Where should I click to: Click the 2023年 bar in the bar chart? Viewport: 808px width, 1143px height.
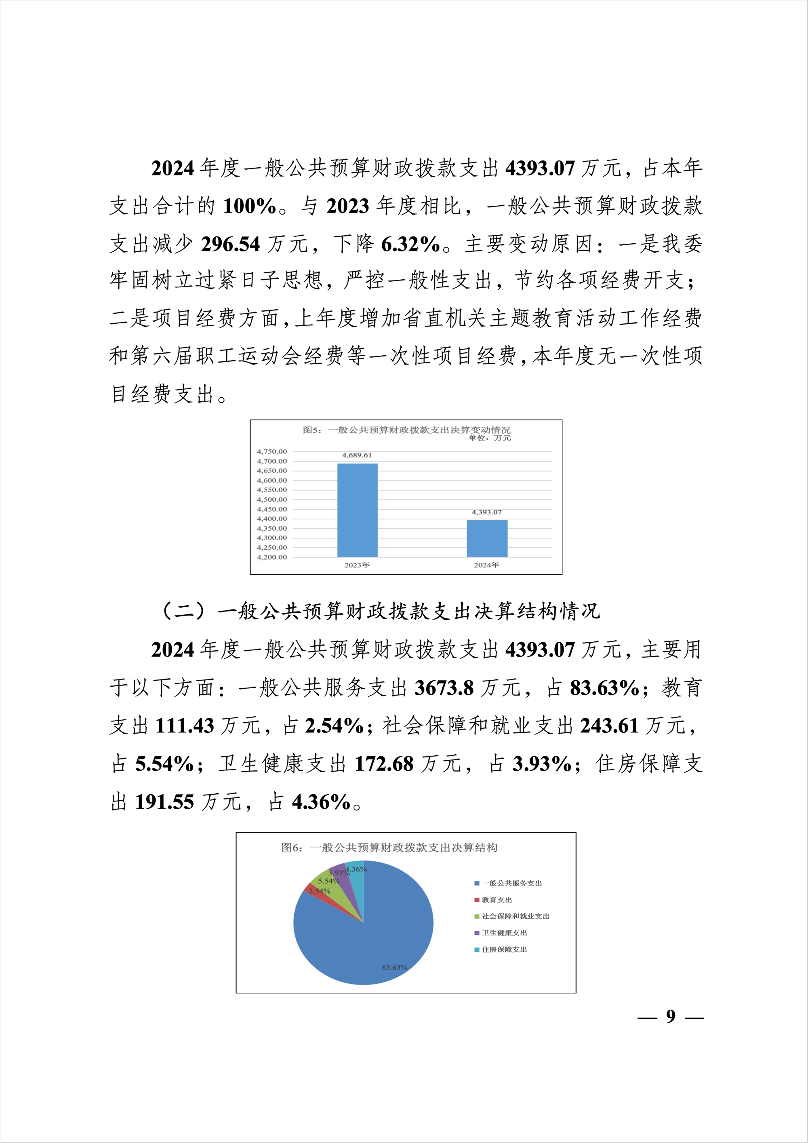tap(357, 510)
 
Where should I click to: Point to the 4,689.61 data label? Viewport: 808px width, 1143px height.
tap(357, 455)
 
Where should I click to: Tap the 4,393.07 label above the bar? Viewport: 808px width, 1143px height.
tap(486, 512)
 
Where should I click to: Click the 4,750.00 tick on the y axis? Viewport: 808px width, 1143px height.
tap(271, 451)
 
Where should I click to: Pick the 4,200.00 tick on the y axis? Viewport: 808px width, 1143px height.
tap(271, 557)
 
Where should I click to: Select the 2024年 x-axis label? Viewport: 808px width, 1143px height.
tap(486, 565)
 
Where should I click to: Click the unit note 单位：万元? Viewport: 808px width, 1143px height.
tap(490, 438)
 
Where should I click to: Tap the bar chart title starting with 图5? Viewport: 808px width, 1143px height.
tap(406, 430)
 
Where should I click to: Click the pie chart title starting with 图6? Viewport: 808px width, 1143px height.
tap(389, 847)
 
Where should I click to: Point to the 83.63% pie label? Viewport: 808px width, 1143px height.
tap(395, 968)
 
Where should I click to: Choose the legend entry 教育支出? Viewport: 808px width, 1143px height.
tap(497, 900)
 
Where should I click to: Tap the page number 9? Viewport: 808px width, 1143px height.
tap(671, 1016)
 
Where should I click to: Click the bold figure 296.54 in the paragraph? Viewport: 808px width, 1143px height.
tap(230, 244)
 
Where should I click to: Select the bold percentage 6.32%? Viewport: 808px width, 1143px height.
tap(410, 244)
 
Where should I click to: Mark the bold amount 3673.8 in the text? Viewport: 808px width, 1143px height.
tap(444, 688)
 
